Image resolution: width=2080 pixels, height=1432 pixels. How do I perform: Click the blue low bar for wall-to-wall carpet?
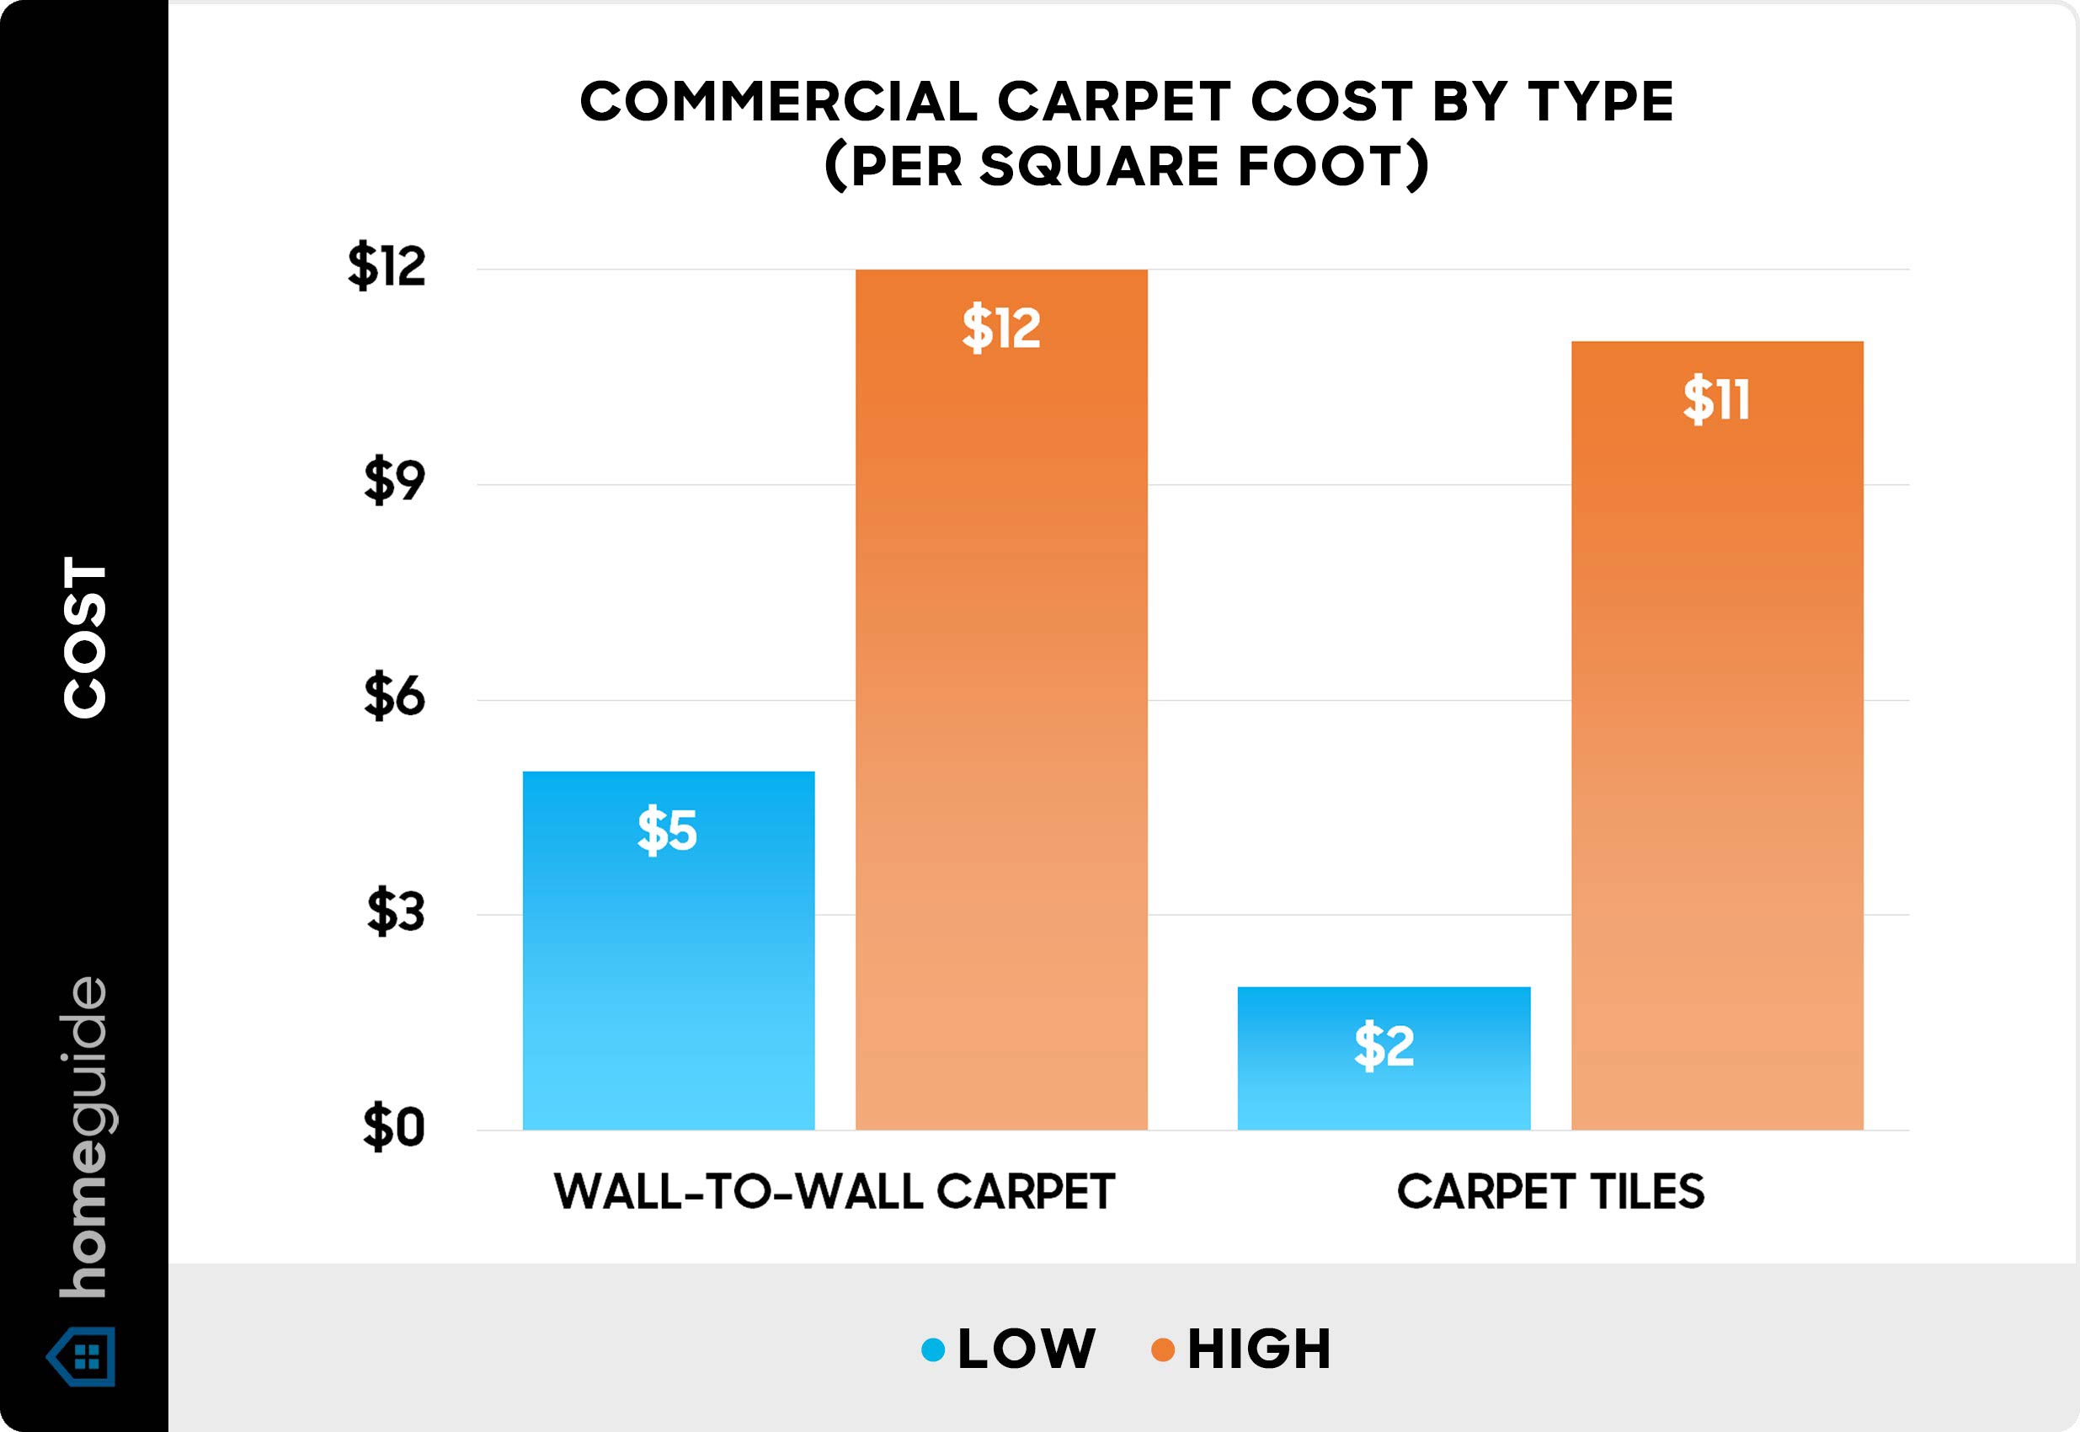point(669,950)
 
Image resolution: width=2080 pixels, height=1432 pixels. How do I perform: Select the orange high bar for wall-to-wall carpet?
point(1001,700)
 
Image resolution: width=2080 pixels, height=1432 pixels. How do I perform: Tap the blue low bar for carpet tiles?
point(1384,1059)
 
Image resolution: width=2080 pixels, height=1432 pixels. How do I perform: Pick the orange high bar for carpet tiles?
point(1717,735)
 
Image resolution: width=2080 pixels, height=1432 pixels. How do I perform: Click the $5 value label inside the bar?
point(667,831)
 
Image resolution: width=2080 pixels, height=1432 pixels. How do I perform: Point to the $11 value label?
point(1716,400)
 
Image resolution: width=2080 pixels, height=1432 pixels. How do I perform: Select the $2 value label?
point(1384,1046)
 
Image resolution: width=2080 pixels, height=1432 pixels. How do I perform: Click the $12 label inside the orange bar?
point(1001,329)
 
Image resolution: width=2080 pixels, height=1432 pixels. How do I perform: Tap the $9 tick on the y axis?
point(394,483)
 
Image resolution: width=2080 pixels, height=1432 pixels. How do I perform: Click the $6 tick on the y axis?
point(394,697)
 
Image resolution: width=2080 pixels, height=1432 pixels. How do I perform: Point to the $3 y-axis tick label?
point(395,912)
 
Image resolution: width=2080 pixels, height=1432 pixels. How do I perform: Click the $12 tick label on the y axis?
point(387,266)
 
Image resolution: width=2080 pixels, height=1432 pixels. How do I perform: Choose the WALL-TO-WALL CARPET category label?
point(835,1193)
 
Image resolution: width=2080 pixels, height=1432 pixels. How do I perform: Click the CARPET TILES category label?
point(1551,1193)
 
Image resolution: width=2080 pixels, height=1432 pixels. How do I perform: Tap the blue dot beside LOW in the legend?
point(933,1349)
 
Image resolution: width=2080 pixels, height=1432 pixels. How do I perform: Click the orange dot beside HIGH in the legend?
point(1162,1349)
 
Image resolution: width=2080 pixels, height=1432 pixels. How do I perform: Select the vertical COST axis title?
point(85,637)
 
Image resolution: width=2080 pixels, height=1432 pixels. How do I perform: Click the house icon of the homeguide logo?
point(82,1355)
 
